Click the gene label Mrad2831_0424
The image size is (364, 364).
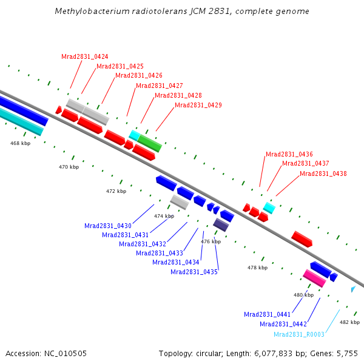pos(85,56)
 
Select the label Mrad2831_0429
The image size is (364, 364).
pos(198,105)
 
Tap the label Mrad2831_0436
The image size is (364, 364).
pos(289,154)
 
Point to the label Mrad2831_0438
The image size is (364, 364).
pos(323,174)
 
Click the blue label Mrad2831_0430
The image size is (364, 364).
pos(108,226)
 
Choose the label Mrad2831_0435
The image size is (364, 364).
pos(194,272)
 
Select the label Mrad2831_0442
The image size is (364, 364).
pos(283,324)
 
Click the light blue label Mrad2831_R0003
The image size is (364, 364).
pos(298,334)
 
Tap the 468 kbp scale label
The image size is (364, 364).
pos(20,143)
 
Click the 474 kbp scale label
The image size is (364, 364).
pos(164,216)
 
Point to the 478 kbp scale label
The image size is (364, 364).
pos(257,268)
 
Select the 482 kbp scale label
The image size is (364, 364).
pos(349,322)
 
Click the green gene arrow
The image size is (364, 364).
pos(149,143)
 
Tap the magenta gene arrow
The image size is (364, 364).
pos(314,278)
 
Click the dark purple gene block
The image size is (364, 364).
pos(221,224)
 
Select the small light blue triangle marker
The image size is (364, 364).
pos(352,289)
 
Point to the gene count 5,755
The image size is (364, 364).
pos(348,353)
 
